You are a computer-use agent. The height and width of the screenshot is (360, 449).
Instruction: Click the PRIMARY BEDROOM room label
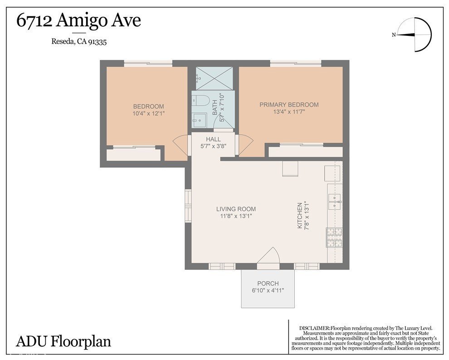pyautogui.click(x=289, y=105)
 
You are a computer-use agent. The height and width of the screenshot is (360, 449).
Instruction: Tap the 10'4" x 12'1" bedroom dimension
pyautogui.click(x=148, y=114)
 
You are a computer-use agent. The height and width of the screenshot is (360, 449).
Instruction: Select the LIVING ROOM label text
pyautogui.click(x=236, y=209)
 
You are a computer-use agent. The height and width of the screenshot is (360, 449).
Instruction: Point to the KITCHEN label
pyautogui.click(x=300, y=215)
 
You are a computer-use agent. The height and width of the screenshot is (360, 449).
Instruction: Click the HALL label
pyautogui.click(x=213, y=139)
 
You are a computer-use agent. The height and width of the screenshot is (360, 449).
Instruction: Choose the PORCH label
pyautogui.click(x=268, y=283)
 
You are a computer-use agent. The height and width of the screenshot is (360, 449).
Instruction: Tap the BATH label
pyautogui.click(x=215, y=107)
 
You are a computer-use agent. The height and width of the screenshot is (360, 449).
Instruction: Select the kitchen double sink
pyautogui.click(x=334, y=201)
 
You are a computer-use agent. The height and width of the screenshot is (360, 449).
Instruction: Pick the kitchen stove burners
pyautogui.click(x=334, y=237)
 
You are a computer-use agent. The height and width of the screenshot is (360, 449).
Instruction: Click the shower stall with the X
pyautogui.click(x=214, y=78)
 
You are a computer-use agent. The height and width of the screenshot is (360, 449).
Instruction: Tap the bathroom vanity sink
pyautogui.click(x=199, y=120)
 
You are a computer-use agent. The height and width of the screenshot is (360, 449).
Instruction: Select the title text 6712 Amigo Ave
pyautogui.click(x=78, y=20)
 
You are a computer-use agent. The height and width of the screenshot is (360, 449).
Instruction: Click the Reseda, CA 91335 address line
pyautogui.click(x=79, y=42)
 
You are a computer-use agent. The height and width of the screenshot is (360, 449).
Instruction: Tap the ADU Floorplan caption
pyautogui.click(x=63, y=342)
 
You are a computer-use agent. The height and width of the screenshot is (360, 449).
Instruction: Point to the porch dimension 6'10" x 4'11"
pyautogui.click(x=268, y=291)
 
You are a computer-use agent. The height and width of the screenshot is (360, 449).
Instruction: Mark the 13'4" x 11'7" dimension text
pyautogui.click(x=289, y=112)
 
